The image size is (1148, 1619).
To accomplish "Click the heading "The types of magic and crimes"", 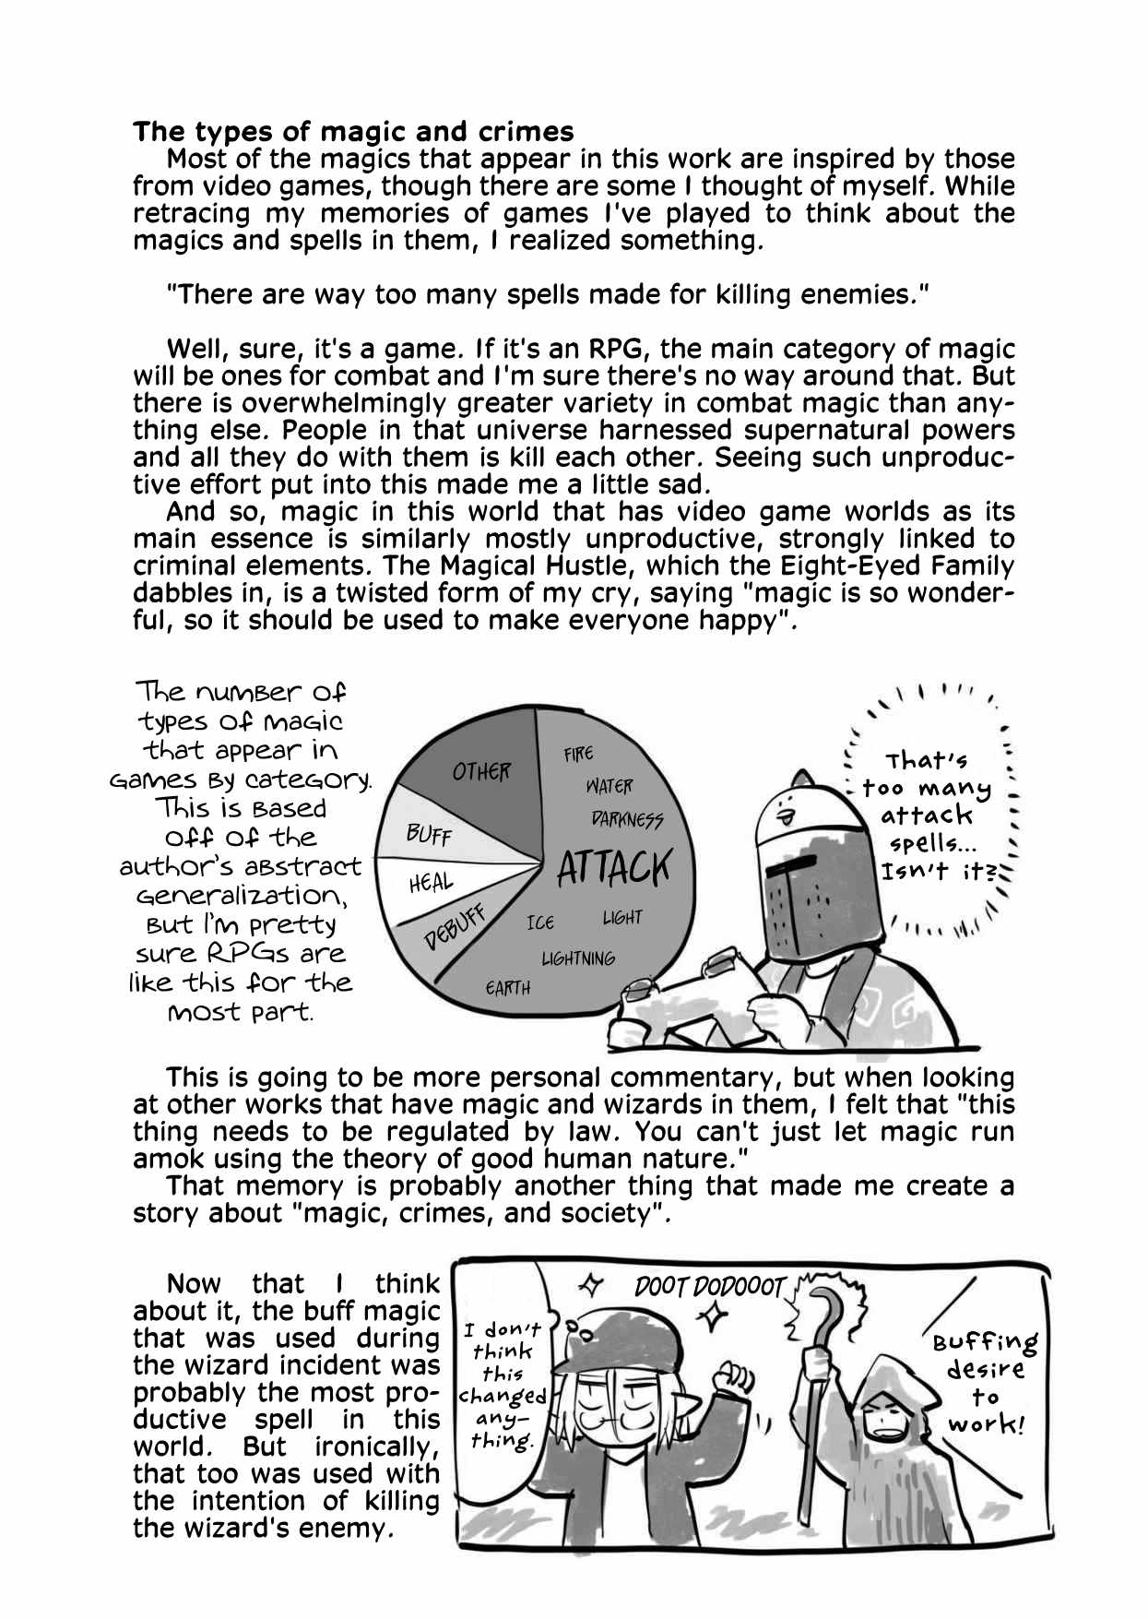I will [353, 132].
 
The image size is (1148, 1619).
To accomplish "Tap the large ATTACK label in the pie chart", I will [614, 867].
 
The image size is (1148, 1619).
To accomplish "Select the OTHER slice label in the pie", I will [480, 771].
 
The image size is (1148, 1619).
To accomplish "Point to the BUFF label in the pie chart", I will [429, 835].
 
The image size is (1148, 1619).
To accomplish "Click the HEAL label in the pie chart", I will [431, 884].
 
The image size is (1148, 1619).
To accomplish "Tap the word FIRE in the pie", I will [578, 754].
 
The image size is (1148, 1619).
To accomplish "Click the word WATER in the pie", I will [609, 786].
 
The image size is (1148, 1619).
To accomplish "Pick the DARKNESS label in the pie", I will [627, 819].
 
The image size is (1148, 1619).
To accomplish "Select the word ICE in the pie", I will [540, 923].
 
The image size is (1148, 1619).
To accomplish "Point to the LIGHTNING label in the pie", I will [578, 958].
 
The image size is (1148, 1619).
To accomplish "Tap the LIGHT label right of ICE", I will [622, 917].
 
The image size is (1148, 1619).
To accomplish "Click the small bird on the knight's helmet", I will [787, 812].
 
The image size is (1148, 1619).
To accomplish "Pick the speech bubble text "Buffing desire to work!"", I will [985, 1382].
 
